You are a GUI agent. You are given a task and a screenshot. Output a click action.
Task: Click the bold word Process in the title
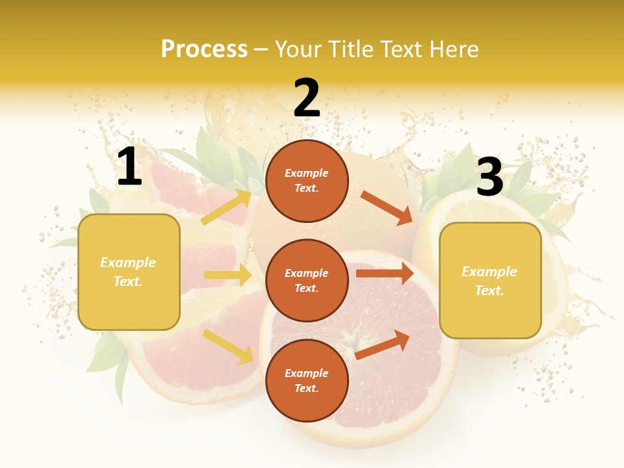pos(204,49)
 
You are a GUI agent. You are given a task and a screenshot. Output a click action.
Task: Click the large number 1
pos(129,167)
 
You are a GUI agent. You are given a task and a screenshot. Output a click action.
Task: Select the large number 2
pos(307,98)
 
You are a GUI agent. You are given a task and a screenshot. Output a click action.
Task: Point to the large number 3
pos(489,177)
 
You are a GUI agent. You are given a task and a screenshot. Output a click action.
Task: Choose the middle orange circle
pos(307,280)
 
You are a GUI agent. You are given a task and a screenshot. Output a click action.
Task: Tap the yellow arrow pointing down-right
pos(228,346)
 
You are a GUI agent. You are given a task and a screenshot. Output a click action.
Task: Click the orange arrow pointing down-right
pos(387,208)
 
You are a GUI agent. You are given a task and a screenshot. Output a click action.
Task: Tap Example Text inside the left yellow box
pos(128,272)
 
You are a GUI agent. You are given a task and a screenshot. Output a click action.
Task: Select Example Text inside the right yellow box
pos(489,281)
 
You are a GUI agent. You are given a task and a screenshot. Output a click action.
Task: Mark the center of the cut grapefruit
pos(357,339)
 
